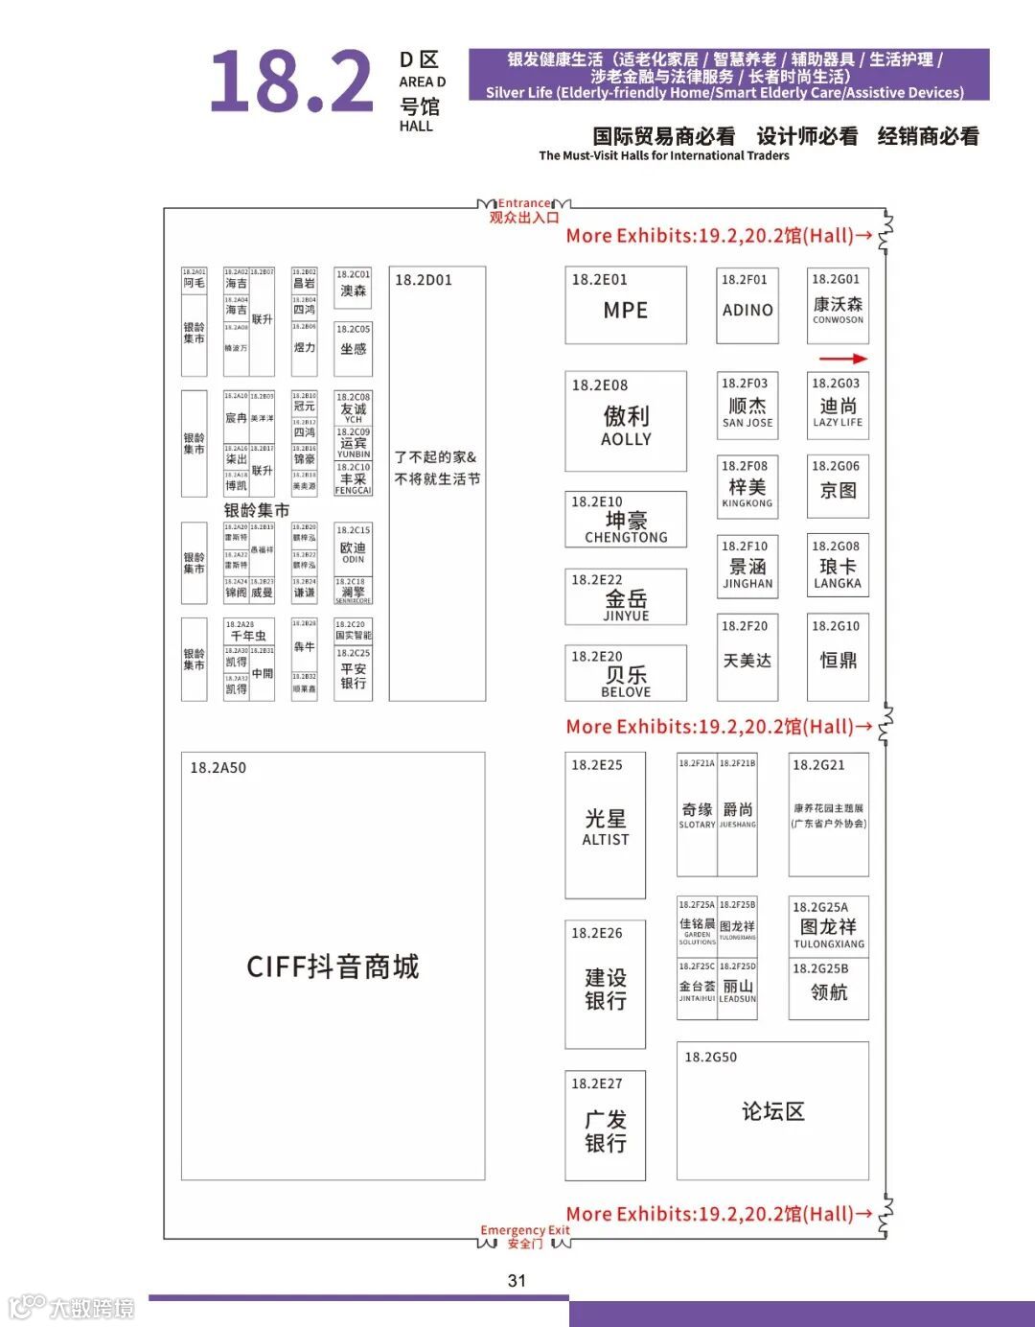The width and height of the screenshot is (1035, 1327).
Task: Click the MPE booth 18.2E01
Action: click(x=626, y=306)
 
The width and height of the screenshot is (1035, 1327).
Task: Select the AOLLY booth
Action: click(x=626, y=422)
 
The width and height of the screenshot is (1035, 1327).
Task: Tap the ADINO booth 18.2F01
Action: click(x=747, y=306)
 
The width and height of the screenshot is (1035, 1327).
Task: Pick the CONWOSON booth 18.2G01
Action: click(x=838, y=306)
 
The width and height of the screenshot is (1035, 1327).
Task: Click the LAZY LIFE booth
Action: click(x=838, y=407)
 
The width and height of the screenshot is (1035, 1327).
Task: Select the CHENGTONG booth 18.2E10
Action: click(x=626, y=523)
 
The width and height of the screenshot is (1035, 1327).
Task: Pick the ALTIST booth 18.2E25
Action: click(x=606, y=826)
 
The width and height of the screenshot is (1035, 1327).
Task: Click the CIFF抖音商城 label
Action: click(x=333, y=966)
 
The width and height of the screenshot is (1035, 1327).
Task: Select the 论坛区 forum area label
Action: click(x=772, y=1111)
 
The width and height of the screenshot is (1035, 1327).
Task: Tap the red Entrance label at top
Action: click(x=524, y=203)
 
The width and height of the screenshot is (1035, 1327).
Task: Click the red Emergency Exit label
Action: click(x=524, y=1230)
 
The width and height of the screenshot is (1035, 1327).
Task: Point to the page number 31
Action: click(x=517, y=1280)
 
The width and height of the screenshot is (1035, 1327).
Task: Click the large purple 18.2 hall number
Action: click(x=291, y=82)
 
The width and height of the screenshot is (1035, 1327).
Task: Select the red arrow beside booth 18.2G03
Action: click(x=843, y=359)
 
